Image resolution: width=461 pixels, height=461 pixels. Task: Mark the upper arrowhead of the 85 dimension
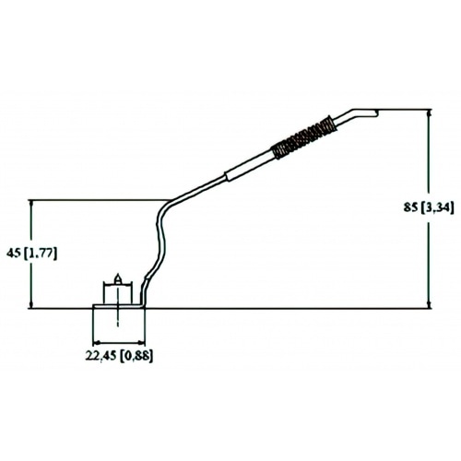[429, 113]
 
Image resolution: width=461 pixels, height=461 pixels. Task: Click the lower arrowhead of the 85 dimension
[429, 304]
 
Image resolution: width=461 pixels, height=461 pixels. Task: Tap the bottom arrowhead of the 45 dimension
[31, 304]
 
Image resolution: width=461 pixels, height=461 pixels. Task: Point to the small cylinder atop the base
[117, 293]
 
